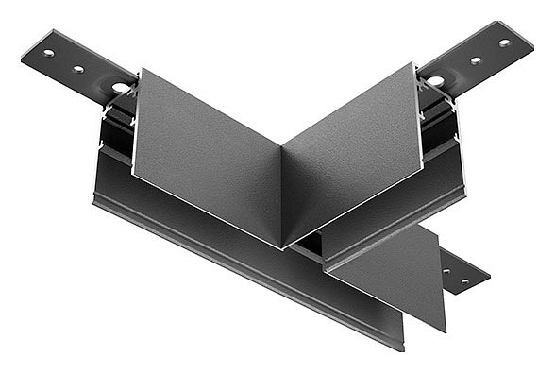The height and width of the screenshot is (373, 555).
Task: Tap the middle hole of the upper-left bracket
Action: [79, 69]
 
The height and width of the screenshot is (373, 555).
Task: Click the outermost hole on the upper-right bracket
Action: [504, 42]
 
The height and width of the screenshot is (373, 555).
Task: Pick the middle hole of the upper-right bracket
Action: [476, 60]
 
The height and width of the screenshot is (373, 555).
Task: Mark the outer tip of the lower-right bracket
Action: [489, 278]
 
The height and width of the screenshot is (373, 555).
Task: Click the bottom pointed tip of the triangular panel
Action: [446, 331]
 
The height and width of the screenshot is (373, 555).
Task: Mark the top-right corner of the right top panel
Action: [414, 63]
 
